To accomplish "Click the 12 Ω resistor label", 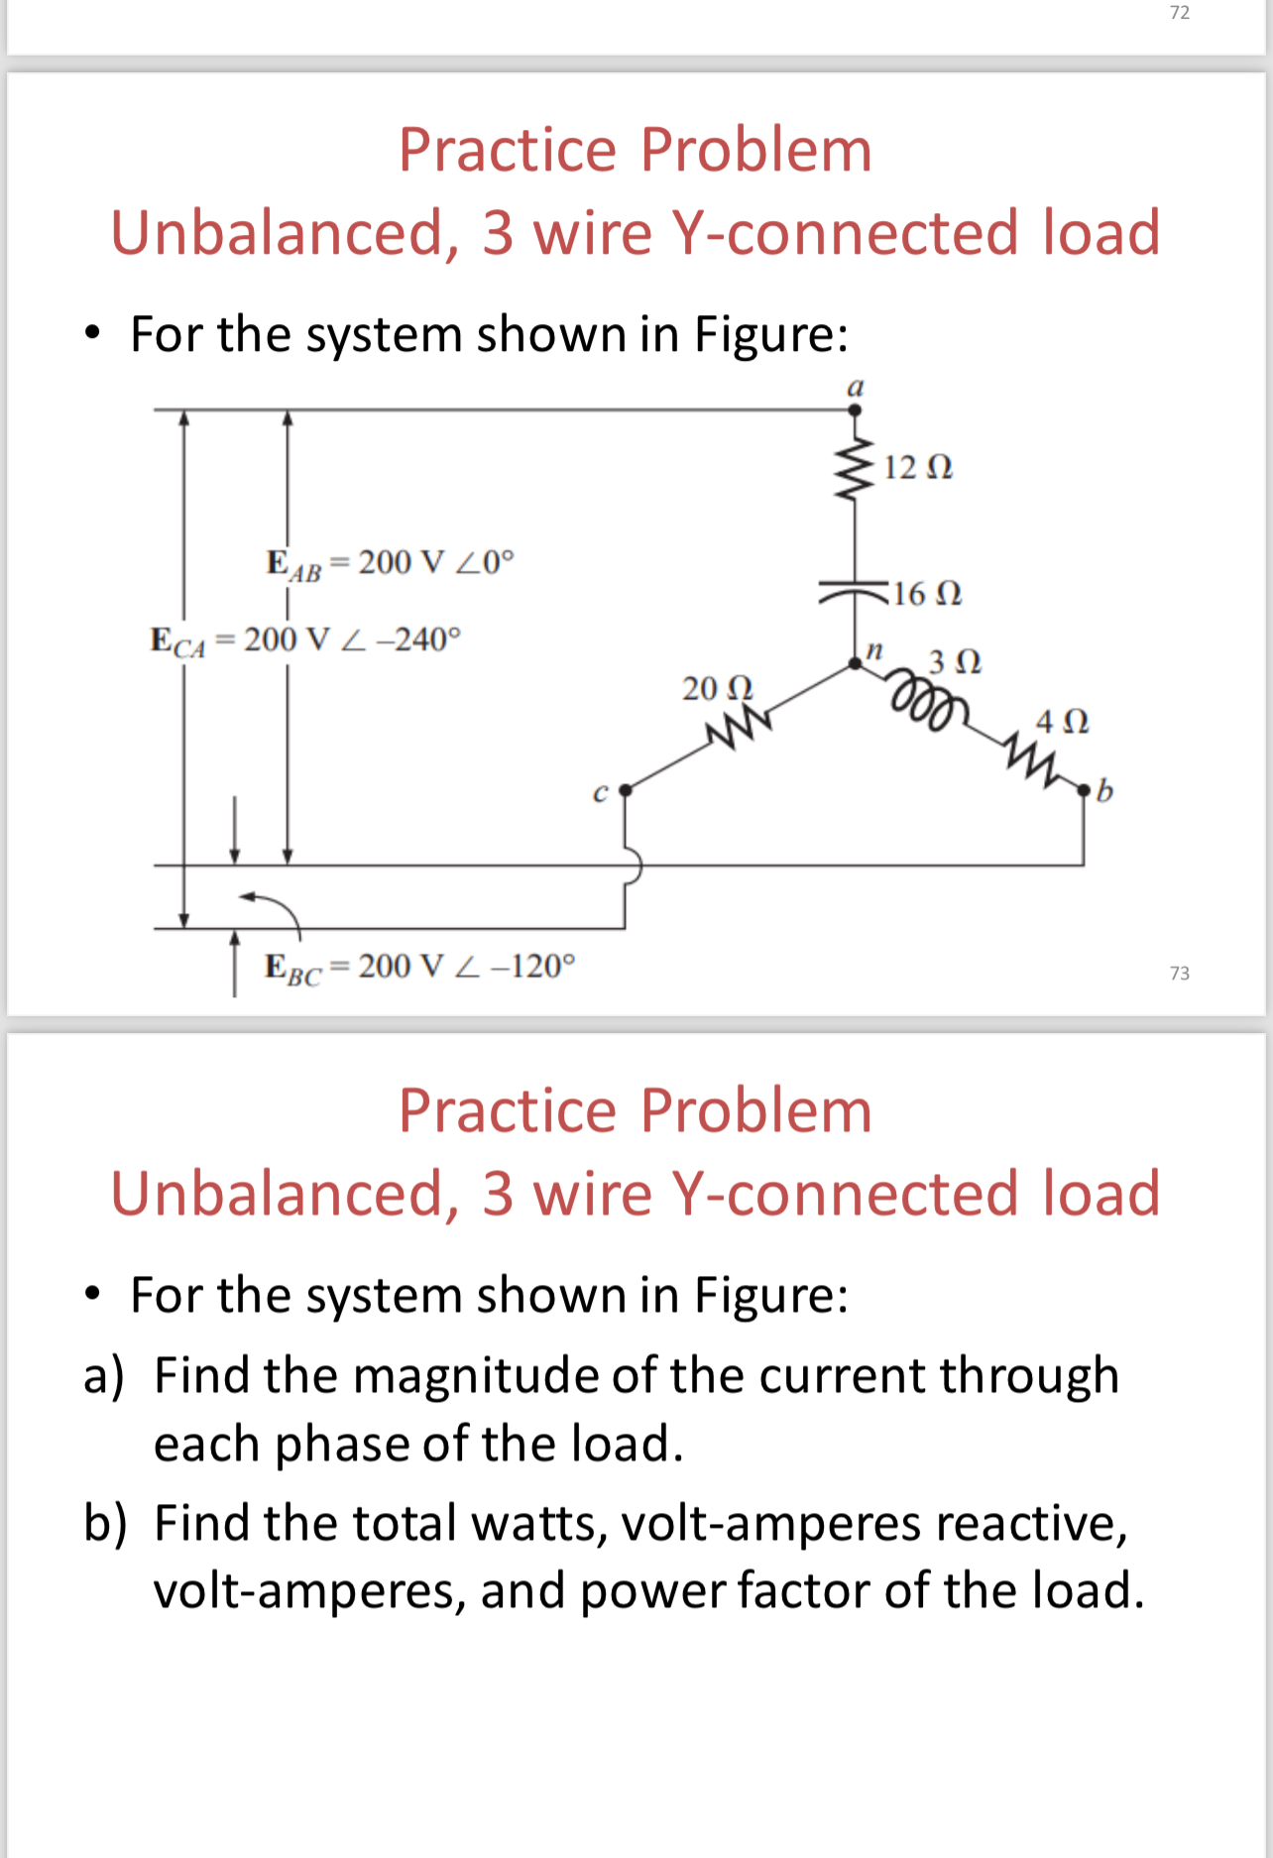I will coord(917,466).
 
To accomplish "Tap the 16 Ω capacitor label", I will coord(927,593).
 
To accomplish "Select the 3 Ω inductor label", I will coord(955,660).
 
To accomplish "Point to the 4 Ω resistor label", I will coord(1062,721).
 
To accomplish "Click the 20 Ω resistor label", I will coord(717,687).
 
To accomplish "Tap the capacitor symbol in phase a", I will coord(854,592).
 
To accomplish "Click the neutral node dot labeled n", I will coord(855,663).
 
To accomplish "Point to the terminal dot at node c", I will coord(625,790).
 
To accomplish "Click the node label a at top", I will coord(855,387).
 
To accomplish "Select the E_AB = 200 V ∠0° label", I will coord(391,563).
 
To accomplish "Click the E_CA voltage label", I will coord(305,640).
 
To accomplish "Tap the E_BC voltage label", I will coord(418,967).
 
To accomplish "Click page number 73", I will coord(1179,974).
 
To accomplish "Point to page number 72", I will coord(1179,13).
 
